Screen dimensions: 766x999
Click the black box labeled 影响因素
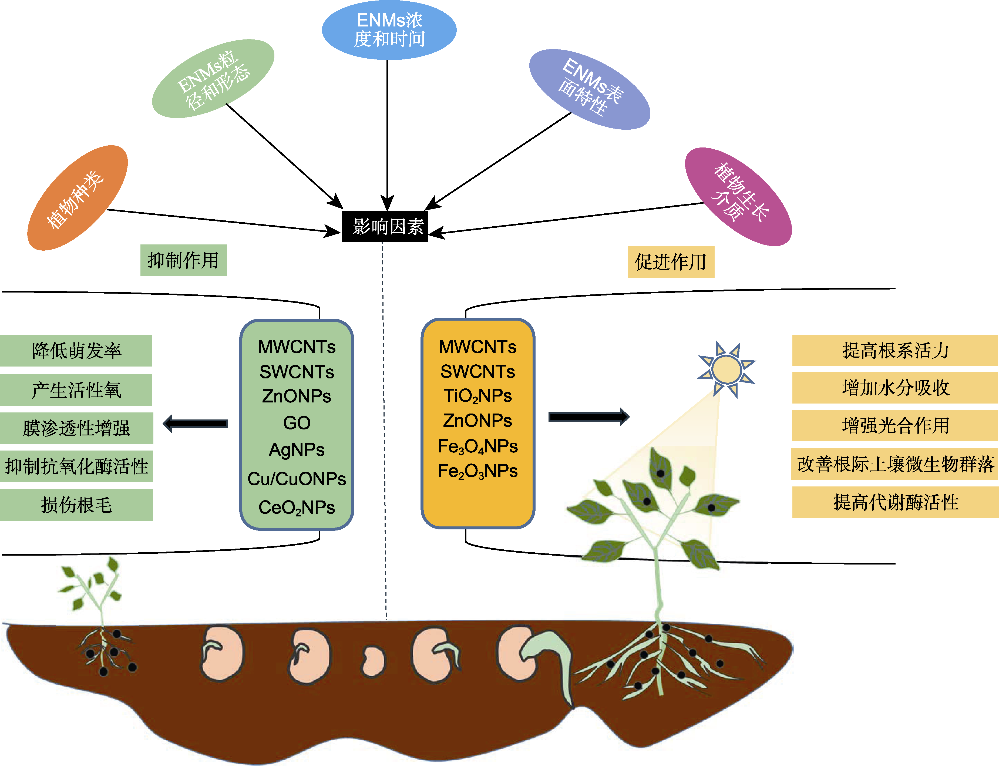[385, 226]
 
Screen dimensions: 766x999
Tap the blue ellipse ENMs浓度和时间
[389, 30]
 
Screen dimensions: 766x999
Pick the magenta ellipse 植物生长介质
[738, 196]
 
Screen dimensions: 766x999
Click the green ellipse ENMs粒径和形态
[213, 78]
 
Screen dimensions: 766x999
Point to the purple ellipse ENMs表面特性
[590, 89]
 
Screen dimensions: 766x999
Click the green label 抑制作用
[183, 260]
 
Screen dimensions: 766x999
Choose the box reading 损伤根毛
[76, 505]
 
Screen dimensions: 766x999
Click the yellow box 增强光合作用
[894, 425]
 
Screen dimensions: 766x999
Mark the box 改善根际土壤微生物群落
[894, 464]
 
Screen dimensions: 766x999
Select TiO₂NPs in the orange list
[477, 396]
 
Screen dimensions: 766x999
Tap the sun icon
[726, 369]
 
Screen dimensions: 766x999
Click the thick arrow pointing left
[195, 424]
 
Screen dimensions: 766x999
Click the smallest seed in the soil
[373, 661]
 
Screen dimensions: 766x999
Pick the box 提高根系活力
[894, 350]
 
